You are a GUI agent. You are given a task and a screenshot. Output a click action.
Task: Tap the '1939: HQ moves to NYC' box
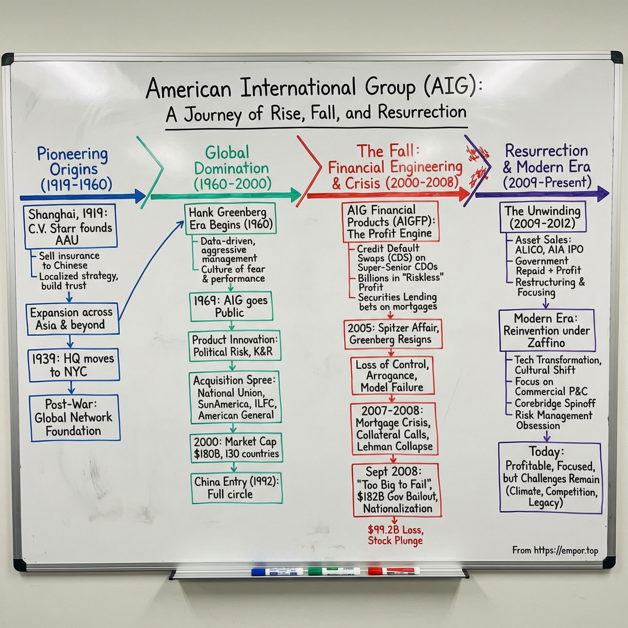click(74, 365)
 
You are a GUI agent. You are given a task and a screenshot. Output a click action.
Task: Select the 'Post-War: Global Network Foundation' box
click(75, 418)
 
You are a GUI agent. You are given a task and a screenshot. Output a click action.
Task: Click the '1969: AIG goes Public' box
click(231, 307)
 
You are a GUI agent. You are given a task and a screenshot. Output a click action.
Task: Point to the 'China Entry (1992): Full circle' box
click(237, 488)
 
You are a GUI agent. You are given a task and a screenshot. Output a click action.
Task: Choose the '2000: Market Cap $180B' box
click(236, 448)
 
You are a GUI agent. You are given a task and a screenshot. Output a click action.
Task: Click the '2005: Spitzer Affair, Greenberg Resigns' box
click(393, 334)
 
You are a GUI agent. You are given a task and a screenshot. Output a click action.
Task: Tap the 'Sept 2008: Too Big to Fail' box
click(397, 490)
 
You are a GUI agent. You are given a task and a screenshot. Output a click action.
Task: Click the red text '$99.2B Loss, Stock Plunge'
click(395, 535)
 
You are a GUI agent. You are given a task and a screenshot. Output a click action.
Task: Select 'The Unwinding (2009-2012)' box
click(542, 217)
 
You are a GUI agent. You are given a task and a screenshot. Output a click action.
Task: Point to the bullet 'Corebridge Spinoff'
click(554, 404)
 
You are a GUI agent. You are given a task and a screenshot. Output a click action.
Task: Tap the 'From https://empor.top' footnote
click(555, 550)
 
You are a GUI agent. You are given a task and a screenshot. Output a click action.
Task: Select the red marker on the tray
click(394, 571)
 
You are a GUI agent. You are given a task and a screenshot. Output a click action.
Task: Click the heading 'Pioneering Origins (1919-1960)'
click(74, 169)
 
